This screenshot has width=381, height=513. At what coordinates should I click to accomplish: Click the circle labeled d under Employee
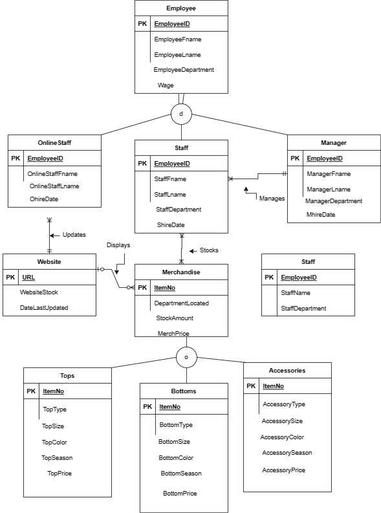[x=181, y=115]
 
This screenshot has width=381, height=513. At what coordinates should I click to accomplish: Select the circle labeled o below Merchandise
[x=186, y=357]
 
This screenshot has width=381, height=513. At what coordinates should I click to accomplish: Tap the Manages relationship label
[x=272, y=199]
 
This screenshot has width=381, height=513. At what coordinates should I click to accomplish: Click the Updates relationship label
[x=74, y=234]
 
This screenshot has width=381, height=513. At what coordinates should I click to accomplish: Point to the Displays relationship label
[x=118, y=245]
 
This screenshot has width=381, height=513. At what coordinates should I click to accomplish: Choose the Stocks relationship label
[x=209, y=250]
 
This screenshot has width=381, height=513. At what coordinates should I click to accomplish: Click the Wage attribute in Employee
[x=166, y=85]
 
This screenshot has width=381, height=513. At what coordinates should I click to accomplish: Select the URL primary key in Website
[x=29, y=277]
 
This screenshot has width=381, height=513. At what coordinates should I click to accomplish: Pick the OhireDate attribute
[x=44, y=199]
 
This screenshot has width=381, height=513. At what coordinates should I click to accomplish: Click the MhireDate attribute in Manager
[x=321, y=214]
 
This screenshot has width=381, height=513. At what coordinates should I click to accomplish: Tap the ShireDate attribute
[x=171, y=224]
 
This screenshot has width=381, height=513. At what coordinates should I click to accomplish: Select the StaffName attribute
[x=296, y=293]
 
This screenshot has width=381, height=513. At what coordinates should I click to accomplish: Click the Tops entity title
[x=67, y=375]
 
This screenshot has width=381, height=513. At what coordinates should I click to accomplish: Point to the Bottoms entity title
[x=184, y=391]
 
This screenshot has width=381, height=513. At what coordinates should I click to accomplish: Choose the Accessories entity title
[x=287, y=371]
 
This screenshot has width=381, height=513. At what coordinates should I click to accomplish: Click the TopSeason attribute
[x=57, y=457]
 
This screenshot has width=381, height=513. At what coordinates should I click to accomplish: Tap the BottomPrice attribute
[x=180, y=494]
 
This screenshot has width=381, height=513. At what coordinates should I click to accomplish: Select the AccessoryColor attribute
[x=282, y=437]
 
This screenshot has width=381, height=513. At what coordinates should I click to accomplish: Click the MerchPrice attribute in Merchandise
[x=173, y=333]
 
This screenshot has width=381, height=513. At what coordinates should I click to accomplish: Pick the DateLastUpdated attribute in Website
[x=44, y=308]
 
